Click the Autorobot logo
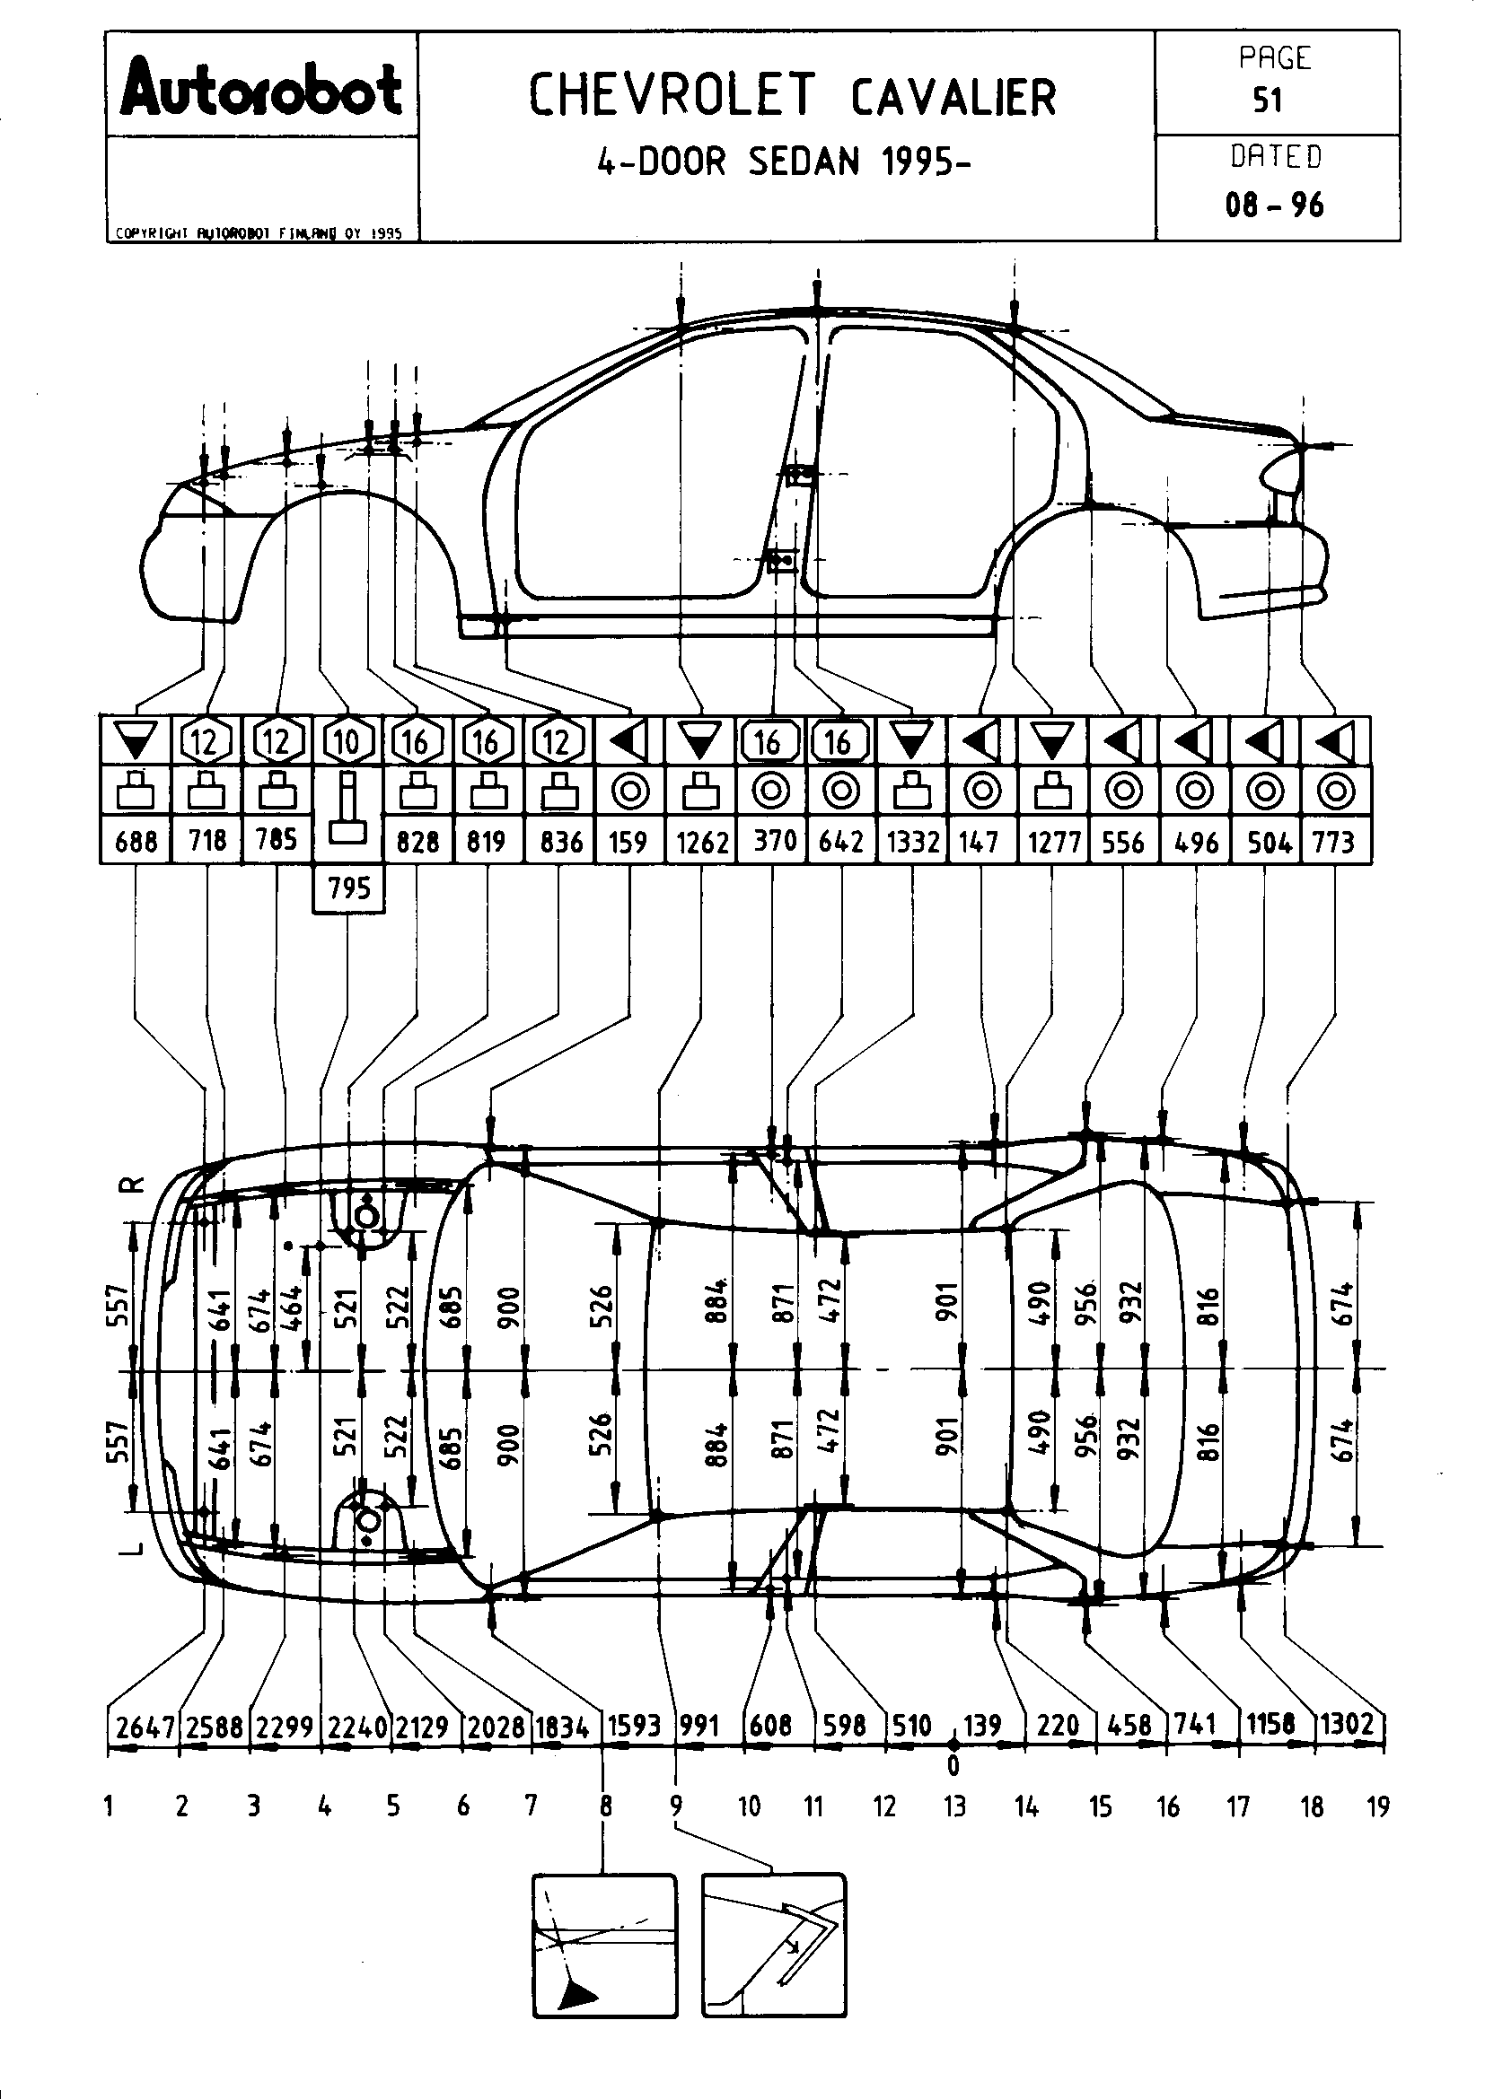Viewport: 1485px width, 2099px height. point(261,90)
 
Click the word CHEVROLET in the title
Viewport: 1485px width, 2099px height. point(672,96)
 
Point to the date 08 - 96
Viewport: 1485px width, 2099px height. point(1275,205)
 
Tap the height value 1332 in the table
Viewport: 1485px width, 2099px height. point(912,841)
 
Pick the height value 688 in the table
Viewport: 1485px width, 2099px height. point(136,841)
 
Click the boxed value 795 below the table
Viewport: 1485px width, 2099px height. point(348,888)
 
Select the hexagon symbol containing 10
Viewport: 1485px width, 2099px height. point(347,741)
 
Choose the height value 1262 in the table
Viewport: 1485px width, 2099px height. point(701,841)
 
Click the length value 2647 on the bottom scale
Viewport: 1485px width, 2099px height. point(144,1727)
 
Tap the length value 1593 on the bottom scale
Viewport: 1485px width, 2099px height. point(635,1725)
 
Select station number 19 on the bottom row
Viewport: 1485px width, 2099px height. point(1377,1806)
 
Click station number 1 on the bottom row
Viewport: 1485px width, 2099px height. point(110,1806)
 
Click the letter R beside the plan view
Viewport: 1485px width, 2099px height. point(134,1185)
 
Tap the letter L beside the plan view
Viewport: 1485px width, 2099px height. point(134,1548)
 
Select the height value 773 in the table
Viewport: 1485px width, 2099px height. point(1333,841)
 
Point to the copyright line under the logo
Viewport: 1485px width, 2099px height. point(259,233)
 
